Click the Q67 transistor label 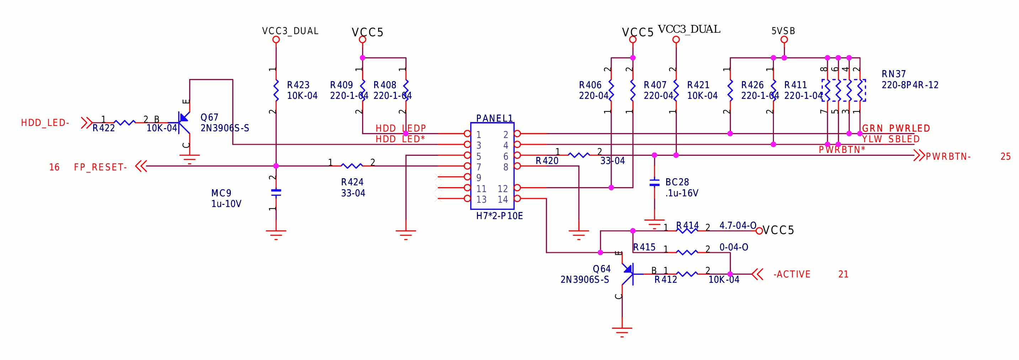pos(209,117)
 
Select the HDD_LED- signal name pos(45,123)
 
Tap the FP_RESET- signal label pos(100,167)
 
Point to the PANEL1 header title pos(494,118)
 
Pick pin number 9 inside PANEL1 pos(479,178)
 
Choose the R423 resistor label pos(298,85)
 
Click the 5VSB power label pos(783,31)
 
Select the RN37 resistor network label pos(893,74)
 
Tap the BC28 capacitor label pos(677,182)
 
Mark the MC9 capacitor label pos(221,193)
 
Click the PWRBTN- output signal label pos(948,156)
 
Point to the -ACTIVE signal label pos(792,274)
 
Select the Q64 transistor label pos(601,269)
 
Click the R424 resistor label pos(352,182)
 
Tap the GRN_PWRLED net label pos(896,128)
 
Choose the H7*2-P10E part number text pos(499,216)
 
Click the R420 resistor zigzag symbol pos(579,155)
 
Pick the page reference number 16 pos(54,167)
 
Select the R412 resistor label pos(665,280)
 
